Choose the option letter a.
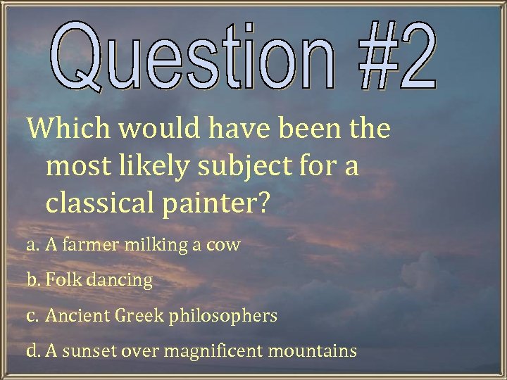31,246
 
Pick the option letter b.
32,280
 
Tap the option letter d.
32,350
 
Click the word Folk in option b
62,280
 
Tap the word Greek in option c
142,316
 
